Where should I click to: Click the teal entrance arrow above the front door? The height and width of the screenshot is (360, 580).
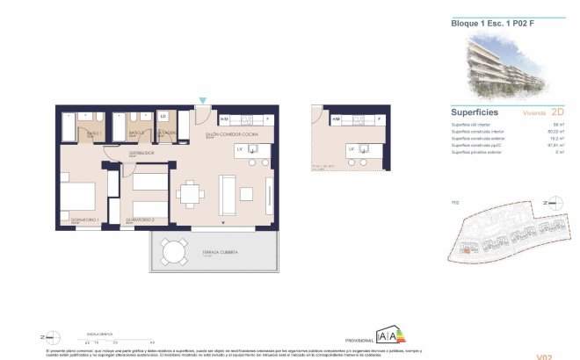(x=203, y=102)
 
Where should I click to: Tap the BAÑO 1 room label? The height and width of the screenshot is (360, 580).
(x=94, y=133)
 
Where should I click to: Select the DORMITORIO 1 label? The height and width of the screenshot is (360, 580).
(x=83, y=220)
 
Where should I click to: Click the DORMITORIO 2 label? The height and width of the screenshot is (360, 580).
(x=140, y=220)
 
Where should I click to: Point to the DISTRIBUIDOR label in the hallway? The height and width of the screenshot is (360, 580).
(x=141, y=153)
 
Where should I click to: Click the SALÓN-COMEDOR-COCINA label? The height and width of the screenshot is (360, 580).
(x=230, y=134)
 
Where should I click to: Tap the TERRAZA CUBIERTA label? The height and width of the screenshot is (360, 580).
(x=219, y=253)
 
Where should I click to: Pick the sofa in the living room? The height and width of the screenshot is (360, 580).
(x=227, y=194)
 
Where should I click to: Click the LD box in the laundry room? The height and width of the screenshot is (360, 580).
(x=163, y=115)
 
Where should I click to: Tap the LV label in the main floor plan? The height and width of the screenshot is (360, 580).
(x=239, y=149)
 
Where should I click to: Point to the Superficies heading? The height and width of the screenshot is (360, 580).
(x=475, y=113)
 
